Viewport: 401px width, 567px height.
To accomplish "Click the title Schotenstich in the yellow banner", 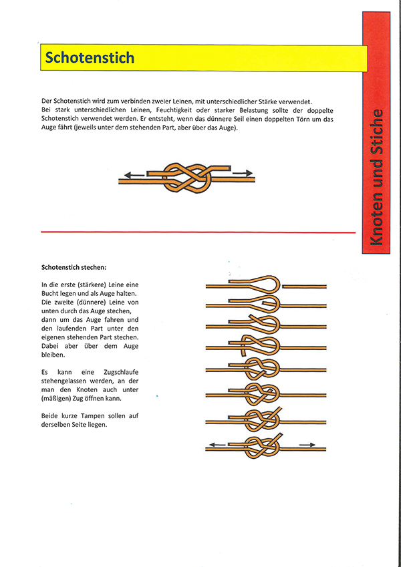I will [90, 58].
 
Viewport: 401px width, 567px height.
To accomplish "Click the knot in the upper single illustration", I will [189, 176].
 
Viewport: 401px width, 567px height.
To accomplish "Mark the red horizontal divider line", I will [198, 232].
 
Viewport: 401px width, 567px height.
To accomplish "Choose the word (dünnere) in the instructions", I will [94, 302].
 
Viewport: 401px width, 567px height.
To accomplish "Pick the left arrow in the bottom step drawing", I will [217, 443].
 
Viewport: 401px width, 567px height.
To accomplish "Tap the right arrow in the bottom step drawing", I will [307, 443].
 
